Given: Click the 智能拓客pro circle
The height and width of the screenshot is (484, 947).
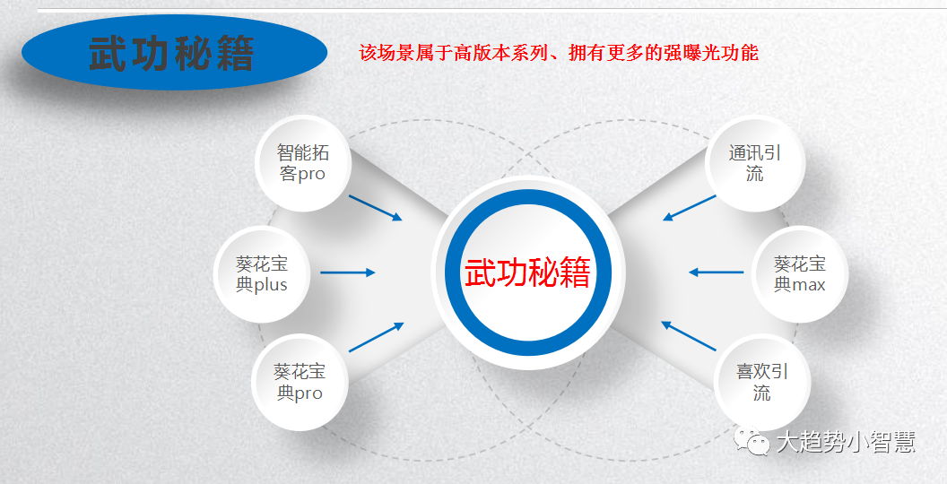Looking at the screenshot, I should [302, 163].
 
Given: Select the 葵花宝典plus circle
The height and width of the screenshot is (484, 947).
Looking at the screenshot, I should [262, 273].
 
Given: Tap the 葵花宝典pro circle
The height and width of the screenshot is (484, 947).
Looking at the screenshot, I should [300, 382].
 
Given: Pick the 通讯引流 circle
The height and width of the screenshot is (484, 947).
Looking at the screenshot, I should [755, 163].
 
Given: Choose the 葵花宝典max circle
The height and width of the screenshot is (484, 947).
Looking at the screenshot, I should [799, 273].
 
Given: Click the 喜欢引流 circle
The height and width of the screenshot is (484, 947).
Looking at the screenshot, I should [761, 382].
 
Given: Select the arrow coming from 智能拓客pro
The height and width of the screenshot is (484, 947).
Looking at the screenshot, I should [375, 207].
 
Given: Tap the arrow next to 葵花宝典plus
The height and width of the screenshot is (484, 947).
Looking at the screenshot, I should [347, 272].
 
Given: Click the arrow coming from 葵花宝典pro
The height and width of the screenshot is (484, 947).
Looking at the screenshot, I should [376, 337].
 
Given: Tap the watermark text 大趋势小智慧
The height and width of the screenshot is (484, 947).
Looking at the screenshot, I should [845, 442].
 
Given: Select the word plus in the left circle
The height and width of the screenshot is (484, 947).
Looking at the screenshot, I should [271, 285].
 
